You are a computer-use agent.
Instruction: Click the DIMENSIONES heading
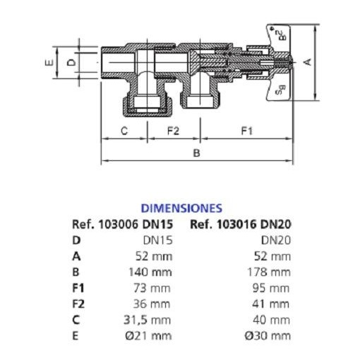click(181, 208)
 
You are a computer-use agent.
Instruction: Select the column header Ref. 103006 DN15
click(122, 224)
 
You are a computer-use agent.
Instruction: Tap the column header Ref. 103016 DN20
click(241, 224)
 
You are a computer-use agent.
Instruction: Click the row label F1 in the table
click(78, 288)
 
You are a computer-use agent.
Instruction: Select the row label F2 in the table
click(78, 304)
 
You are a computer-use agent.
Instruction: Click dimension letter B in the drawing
click(197, 153)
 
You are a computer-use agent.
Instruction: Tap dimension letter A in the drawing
click(307, 62)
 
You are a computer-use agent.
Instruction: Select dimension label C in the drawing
click(124, 131)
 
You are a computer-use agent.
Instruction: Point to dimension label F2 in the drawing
click(173, 131)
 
